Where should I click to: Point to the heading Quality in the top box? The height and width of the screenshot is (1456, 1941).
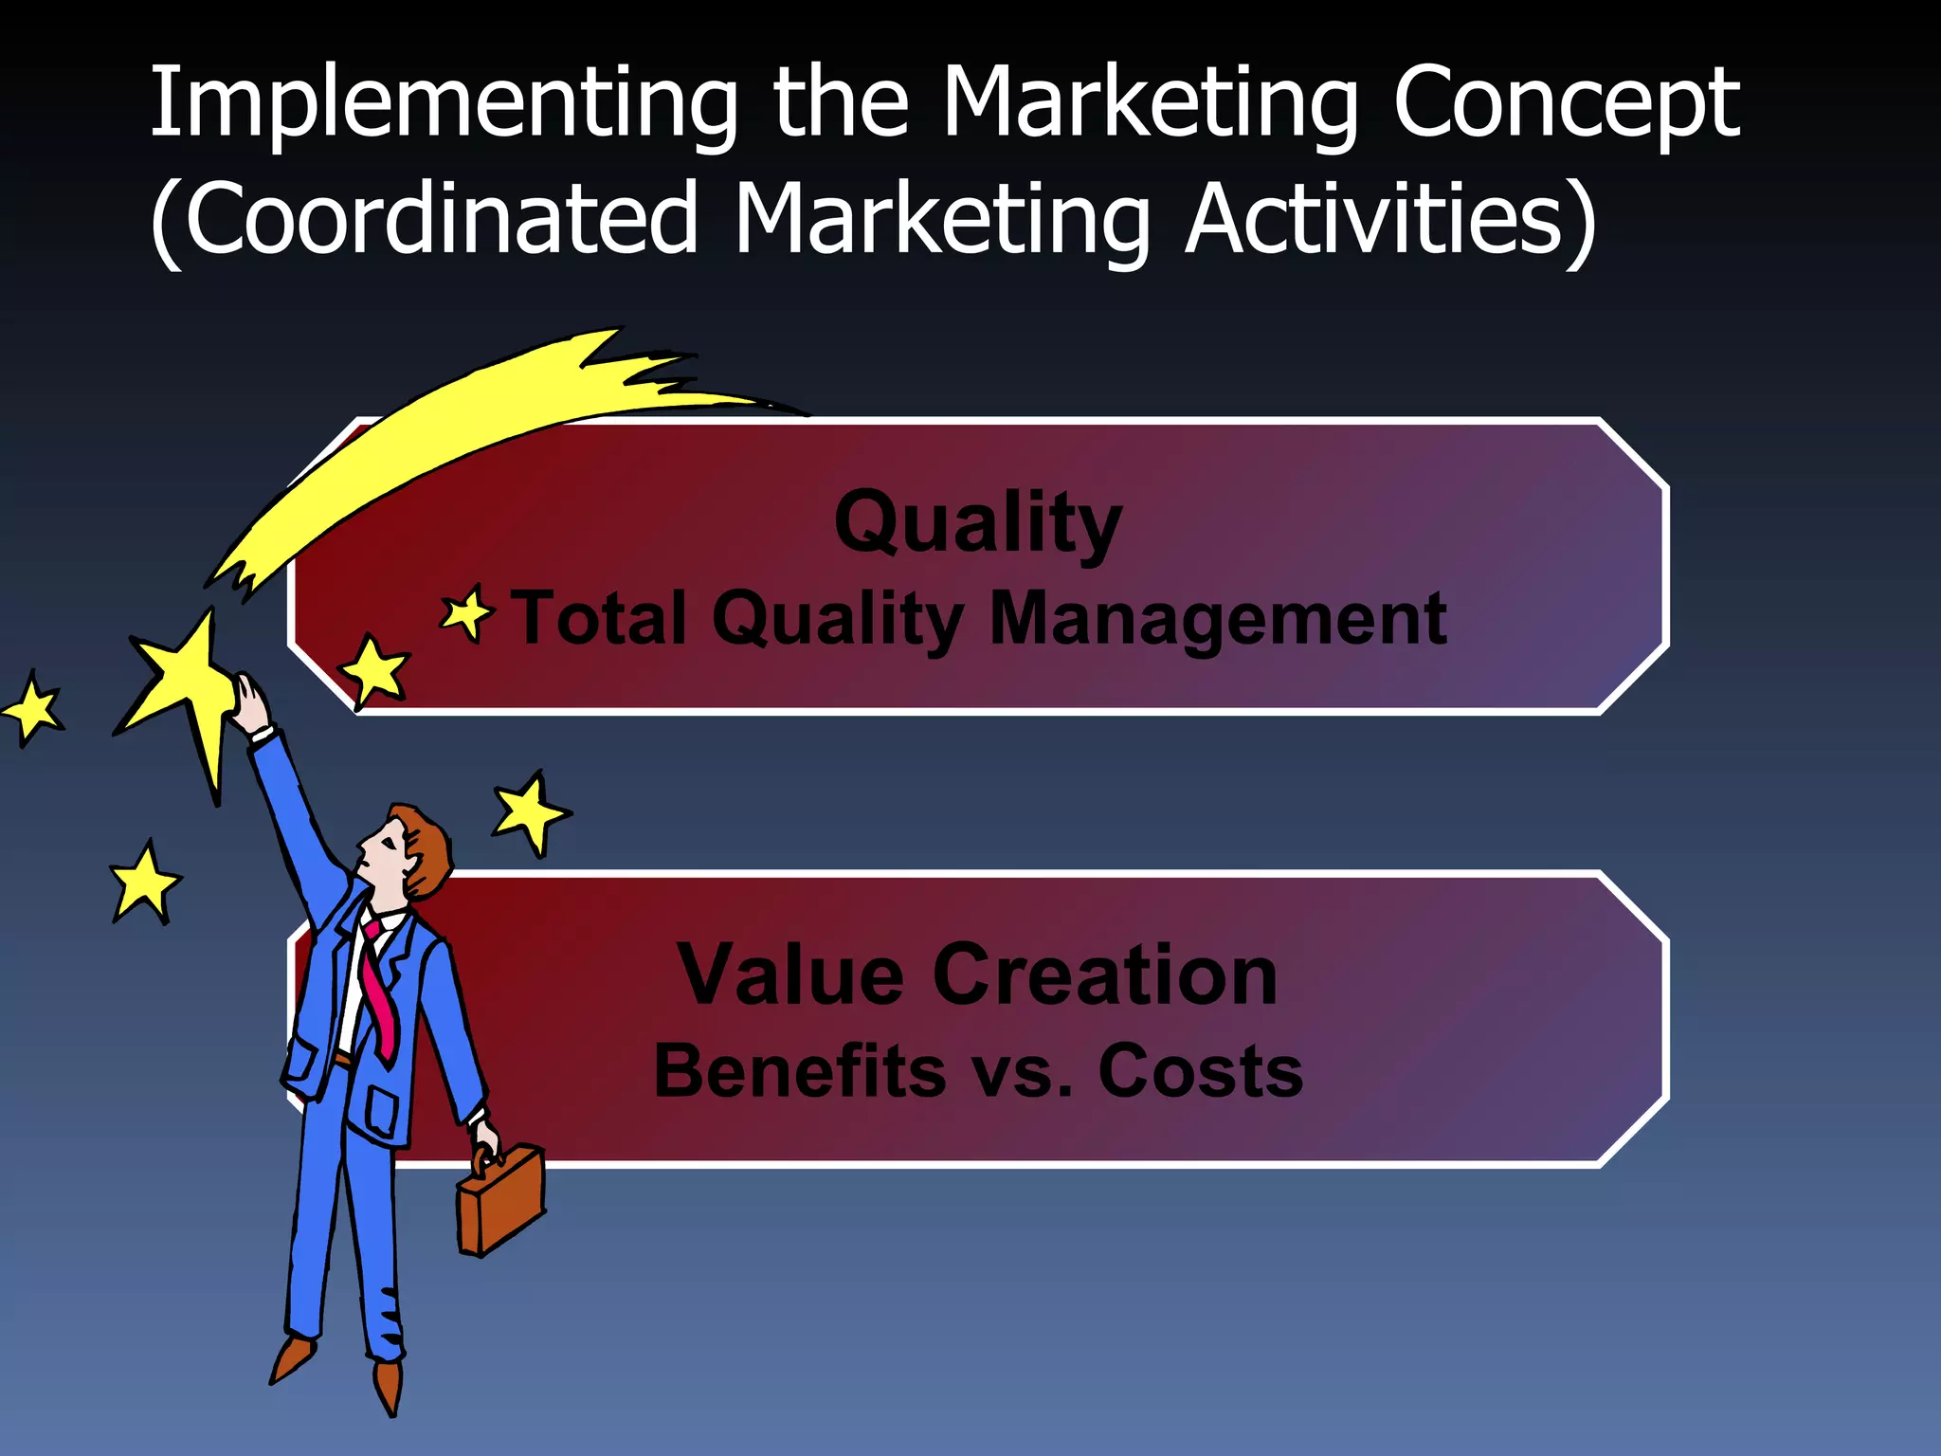tap(978, 523)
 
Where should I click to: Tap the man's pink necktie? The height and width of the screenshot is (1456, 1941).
tap(379, 986)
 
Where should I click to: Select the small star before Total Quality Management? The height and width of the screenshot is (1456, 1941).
tap(467, 614)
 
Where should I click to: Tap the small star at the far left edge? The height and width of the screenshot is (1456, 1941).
tap(34, 709)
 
